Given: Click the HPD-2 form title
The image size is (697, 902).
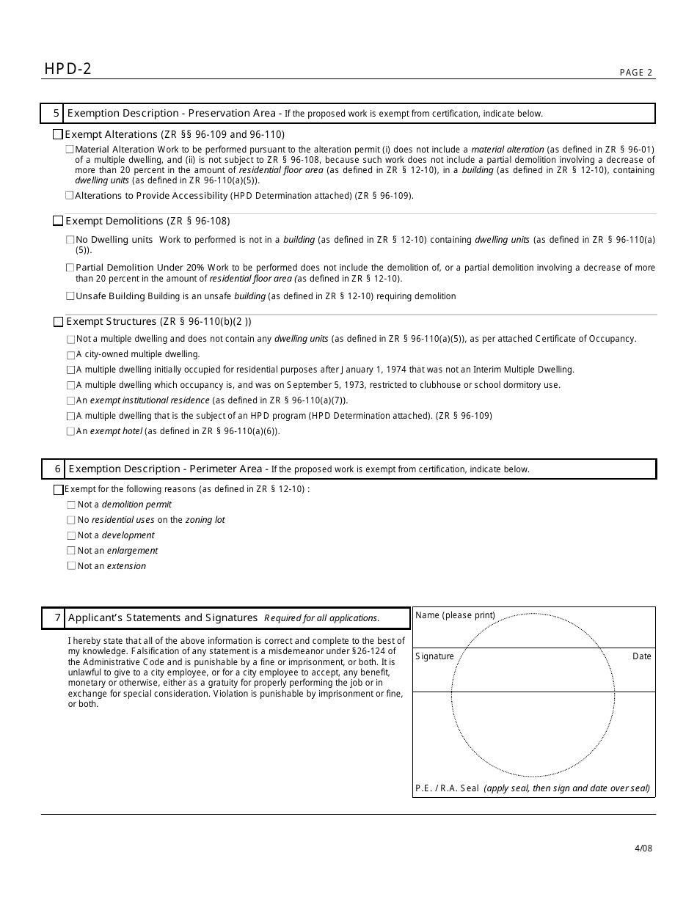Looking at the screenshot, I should pyautogui.click(x=67, y=69).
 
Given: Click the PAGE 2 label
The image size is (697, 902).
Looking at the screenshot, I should pyautogui.click(x=635, y=73).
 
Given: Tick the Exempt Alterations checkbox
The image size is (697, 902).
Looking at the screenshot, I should pyautogui.click(x=58, y=135).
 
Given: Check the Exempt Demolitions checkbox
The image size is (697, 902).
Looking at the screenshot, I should pyautogui.click(x=58, y=221).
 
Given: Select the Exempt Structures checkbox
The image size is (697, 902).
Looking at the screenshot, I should pyautogui.click(x=58, y=322).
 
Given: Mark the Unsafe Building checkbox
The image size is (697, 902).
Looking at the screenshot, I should pyautogui.click(x=70, y=296).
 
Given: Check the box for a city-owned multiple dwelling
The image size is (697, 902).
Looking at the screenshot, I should pyautogui.click(x=70, y=355).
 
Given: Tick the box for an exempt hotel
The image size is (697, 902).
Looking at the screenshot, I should pyautogui.click(x=70, y=431).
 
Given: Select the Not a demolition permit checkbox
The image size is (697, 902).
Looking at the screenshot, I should pyautogui.click(x=71, y=505).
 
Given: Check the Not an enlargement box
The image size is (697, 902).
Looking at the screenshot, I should pyautogui.click(x=71, y=551).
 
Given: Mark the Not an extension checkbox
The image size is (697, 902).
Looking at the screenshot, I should pyautogui.click(x=71, y=566).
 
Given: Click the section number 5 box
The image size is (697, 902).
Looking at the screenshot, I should pyautogui.click(x=52, y=114).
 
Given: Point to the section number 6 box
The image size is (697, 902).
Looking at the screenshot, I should pyautogui.click(x=53, y=469).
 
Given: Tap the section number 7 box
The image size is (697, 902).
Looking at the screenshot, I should pyautogui.click(x=53, y=618).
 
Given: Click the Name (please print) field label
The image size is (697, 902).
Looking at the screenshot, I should pyautogui.click(x=455, y=615).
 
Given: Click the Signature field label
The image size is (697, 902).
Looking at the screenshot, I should pyautogui.click(x=435, y=656).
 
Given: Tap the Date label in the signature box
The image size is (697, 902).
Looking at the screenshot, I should pyautogui.click(x=641, y=656).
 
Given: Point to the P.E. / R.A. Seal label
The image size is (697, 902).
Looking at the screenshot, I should pyautogui.click(x=447, y=788).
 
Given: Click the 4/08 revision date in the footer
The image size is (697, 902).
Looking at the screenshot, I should pyautogui.click(x=643, y=848).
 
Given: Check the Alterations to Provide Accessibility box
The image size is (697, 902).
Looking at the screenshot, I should pyautogui.click(x=70, y=196).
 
